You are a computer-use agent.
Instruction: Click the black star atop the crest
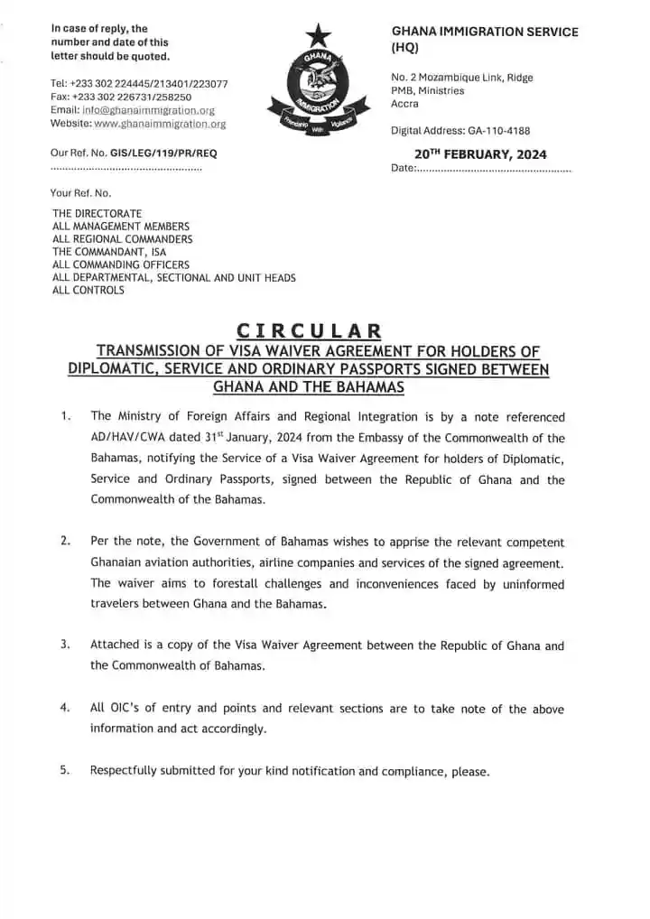point(317,36)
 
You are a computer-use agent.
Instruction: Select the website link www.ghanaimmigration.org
point(160,123)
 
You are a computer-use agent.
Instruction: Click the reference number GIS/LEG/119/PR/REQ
point(162,153)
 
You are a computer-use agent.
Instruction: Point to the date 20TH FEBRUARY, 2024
point(480,154)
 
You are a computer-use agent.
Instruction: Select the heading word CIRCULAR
point(308,331)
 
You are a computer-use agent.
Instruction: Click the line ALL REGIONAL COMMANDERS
point(122,239)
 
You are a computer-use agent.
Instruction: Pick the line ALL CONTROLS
point(88,291)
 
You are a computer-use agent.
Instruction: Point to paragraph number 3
point(65,645)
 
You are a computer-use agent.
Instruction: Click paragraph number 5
point(65,771)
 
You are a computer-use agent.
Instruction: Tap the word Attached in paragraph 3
point(115,645)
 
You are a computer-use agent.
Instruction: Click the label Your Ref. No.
point(80,192)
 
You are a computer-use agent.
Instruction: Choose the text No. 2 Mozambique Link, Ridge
point(461,78)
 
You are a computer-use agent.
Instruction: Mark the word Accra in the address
point(404,104)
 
